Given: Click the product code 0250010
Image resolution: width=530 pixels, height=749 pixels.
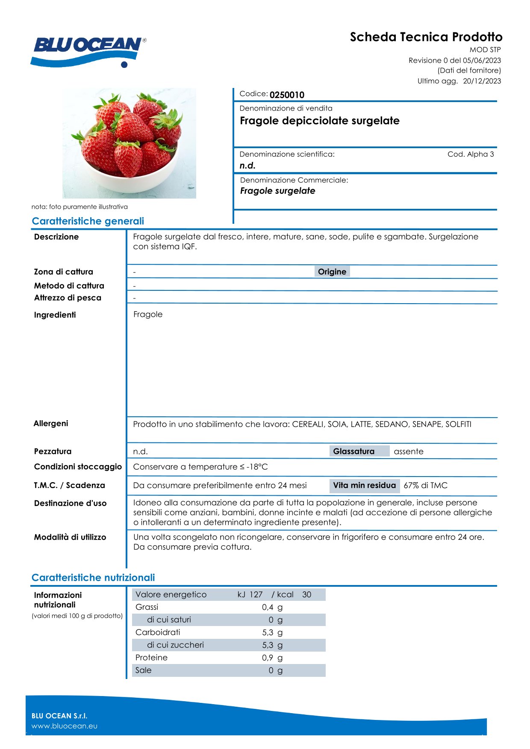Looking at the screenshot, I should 287,95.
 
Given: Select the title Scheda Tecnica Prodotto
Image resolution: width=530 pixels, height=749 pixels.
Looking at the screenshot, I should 426,37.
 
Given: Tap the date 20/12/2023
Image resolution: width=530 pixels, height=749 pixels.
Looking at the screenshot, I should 482,81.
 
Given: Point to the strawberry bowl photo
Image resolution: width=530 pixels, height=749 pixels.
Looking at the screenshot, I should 129,143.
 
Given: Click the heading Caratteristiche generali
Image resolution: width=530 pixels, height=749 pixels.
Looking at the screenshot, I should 88,221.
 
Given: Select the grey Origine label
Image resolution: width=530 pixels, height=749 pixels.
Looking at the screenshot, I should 332,272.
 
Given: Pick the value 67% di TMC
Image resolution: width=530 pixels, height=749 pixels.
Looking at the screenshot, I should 425,486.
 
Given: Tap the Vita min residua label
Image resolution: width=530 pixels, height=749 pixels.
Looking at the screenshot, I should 364,486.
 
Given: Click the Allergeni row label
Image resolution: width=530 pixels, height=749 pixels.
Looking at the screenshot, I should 51,424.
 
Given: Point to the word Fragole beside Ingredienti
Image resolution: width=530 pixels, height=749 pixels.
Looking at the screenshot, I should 148,314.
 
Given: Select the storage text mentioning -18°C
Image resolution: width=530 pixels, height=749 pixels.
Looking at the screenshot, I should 200,467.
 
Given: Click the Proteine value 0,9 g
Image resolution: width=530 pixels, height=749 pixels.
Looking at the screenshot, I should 272,658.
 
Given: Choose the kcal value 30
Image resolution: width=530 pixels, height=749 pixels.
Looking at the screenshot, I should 306,594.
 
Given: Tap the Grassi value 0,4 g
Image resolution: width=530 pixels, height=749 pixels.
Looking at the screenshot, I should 272,607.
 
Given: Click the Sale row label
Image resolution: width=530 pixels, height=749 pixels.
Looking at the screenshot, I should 144,670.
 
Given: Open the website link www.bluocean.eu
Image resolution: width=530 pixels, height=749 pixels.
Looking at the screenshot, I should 65,726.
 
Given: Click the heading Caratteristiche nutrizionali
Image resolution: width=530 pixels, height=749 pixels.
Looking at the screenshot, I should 93,578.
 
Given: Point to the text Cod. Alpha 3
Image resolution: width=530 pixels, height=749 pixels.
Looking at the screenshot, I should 471,154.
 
